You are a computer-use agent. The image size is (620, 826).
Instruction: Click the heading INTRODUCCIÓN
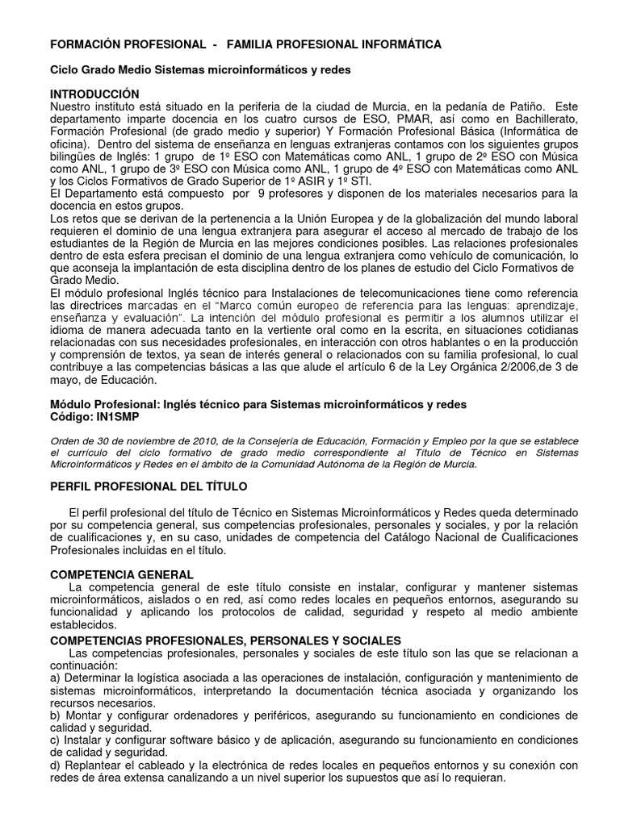(94, 94)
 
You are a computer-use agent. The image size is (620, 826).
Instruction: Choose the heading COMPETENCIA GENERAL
(122, 574)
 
